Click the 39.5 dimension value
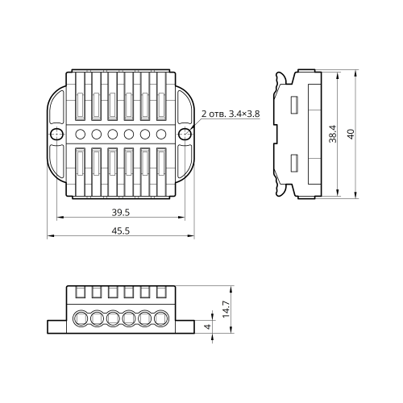point(121,213)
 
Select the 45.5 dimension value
point(121,231)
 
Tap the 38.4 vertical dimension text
point(333,134)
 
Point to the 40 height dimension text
point(351,134)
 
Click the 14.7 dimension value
point(226,310)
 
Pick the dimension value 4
point(208,326)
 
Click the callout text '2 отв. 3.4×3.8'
point(231,114)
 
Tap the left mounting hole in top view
point(56,134)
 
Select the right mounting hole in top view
point(185,134)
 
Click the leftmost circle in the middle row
point(81,134)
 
